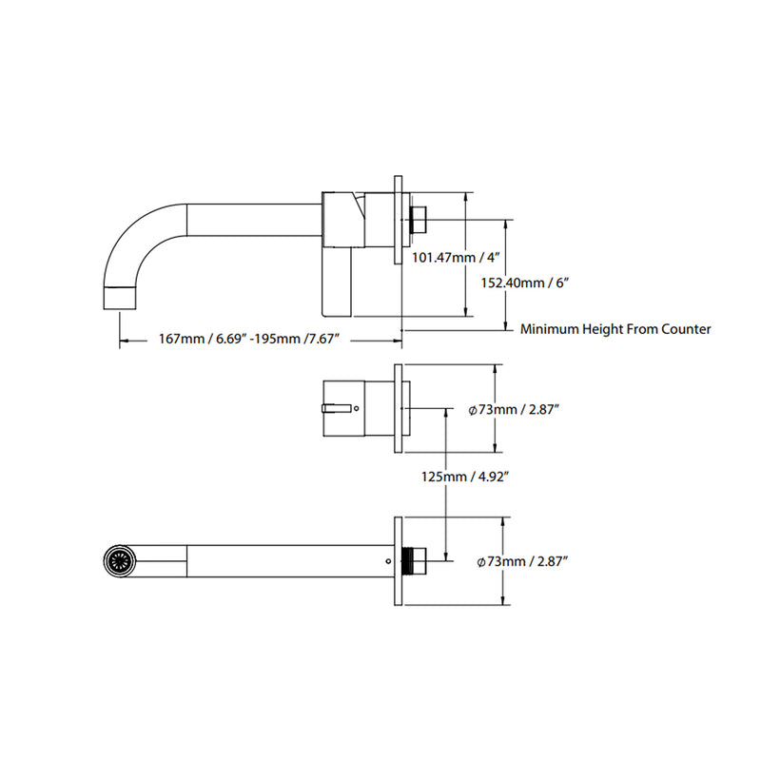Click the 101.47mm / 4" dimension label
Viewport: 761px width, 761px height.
[x=454, y=257]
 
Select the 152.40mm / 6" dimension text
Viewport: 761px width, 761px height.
[x=527, y=283]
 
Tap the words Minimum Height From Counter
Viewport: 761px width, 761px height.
[x=615, y=329]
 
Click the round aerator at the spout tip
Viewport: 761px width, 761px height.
[x=118, y=561]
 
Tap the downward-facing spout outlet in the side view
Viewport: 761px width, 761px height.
[x=119, y=296]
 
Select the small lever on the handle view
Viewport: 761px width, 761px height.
[x=337, y=409]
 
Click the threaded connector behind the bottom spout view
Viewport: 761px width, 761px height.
[x=413, y=561]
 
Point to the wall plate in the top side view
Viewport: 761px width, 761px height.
[x=399, y=220]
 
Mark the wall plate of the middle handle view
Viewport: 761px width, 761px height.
[x=399, y=410]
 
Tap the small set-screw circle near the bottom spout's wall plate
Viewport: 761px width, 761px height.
[x=387, y=561]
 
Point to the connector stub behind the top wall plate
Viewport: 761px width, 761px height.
[x=420, y=220]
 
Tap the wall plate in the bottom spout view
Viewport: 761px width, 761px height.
[x=398, y=561]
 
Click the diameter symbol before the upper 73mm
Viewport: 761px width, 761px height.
[x=473, y=410]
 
